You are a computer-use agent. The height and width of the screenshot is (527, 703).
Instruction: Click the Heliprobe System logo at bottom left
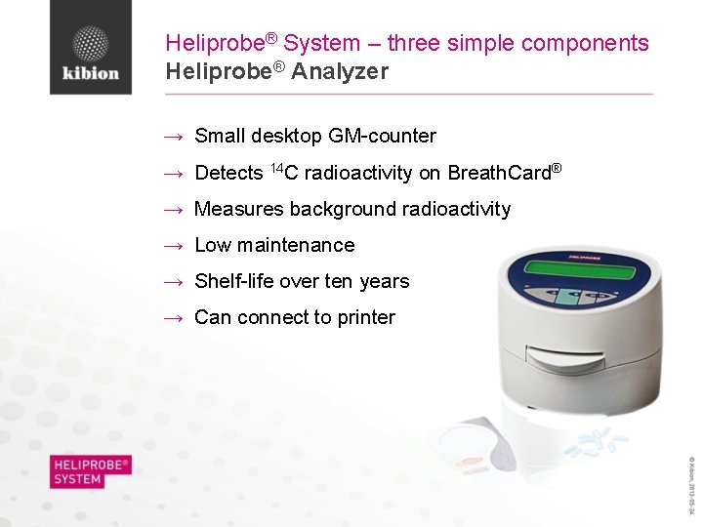[91, 471]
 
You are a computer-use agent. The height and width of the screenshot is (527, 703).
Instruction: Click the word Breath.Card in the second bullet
[499, 173]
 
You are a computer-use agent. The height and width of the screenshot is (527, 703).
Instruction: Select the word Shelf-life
[234, 281]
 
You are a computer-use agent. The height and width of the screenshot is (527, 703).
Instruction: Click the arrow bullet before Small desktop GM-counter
[174, 137]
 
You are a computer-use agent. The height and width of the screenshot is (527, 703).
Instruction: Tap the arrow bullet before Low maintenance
[174, 246]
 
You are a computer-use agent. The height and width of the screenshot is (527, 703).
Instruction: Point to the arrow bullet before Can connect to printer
[174, 318]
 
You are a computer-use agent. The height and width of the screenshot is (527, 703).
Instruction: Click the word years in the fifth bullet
[384, 281]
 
